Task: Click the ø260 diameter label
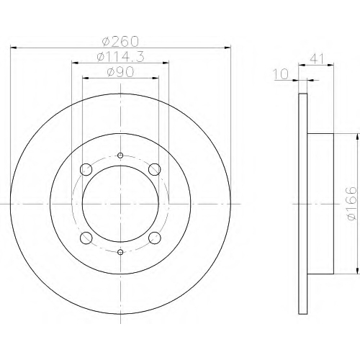120,41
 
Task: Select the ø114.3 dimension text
120,57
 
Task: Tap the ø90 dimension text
120,72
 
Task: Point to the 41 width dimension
317,58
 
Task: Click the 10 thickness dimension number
281,74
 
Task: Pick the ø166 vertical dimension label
352,204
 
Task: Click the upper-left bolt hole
86,169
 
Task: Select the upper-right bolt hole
155,169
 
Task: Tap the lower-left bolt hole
86,238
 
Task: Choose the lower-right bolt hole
155,238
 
